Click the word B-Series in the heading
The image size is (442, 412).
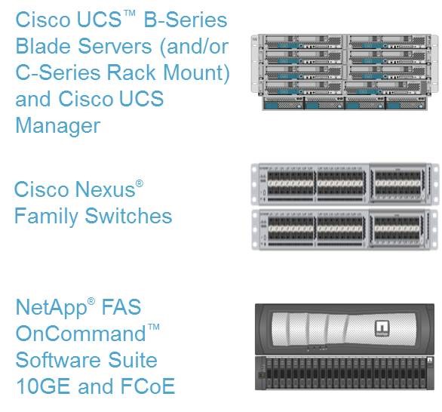click(x=186, y=20)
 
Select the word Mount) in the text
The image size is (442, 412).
click(x=196, y=73)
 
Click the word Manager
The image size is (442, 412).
click(x=58, y=126)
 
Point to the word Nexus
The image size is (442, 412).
click(x=105, y=189)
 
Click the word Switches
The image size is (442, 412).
click(x=128, y=216)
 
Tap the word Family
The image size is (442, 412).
click(x=46, y=217)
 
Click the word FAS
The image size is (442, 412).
click(x=121, y=307)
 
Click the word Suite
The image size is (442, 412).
click(x=133, y=360)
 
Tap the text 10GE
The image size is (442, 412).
click(x=43, y=386)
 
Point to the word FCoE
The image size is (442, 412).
click(x=147, y=386)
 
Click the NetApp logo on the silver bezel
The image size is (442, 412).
click(x=382, y=328)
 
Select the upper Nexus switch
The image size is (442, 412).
click(x=345, y=184)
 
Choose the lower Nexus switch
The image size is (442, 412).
click(x=345, y=229)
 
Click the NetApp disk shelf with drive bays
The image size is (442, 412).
click(x=345, y=373)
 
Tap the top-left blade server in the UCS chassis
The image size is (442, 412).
click(x=303, y=42)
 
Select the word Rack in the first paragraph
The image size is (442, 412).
click(x=131, y=72)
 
